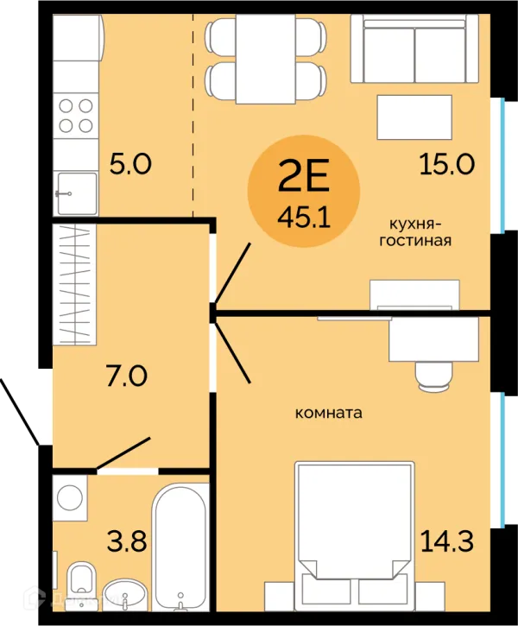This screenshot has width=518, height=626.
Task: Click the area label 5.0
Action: (130, 164)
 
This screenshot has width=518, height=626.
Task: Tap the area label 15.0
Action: (447, 164)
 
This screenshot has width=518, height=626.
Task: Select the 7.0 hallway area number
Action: (127, 376)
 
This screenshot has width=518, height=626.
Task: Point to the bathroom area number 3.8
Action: (127, 541)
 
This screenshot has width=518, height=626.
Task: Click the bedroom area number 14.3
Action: (447, 541)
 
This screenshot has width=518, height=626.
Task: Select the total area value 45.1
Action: (304, 218)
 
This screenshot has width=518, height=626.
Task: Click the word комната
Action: (328, 413)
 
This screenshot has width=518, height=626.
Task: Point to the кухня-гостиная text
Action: (415, 233)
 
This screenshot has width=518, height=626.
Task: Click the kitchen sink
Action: (76, 193)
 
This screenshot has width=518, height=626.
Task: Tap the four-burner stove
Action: (76, 116)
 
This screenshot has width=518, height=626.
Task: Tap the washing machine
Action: (70, 498)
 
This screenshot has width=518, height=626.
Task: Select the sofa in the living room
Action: (414, 48)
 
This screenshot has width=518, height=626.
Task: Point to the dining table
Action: (265, 59)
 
